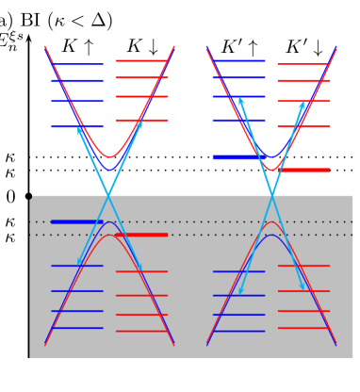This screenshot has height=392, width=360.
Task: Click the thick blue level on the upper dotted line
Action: click(x=76, y=221)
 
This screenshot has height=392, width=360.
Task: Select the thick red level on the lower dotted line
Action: click(x=141, y=235)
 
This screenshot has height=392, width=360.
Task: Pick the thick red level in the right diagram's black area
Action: click(x=304, y=170)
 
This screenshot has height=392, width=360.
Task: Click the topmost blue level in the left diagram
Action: click(x=76, y=64)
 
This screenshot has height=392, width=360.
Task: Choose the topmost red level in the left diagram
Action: click(x=141, y=60)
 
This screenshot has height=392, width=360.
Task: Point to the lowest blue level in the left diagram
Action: click(x=76, y=328)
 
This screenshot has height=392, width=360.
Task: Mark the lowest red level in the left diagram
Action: click(x=141, y=331)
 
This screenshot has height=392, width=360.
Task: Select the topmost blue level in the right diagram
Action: click(x=238, y=60)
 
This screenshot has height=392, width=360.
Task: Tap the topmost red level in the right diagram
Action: click(x=303, y=64)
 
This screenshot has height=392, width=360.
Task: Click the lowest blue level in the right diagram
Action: click(x=238, y=331)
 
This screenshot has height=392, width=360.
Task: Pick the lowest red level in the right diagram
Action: click(x=303, y=328)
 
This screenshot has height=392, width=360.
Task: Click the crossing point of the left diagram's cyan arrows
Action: click(x=109, y=195)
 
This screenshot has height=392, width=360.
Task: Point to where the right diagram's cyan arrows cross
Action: click(x=272, y=195)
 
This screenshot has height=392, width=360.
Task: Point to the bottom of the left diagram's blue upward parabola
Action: click(x=109, y=170)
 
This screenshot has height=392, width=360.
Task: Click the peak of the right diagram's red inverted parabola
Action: click(x=272, y=222)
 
